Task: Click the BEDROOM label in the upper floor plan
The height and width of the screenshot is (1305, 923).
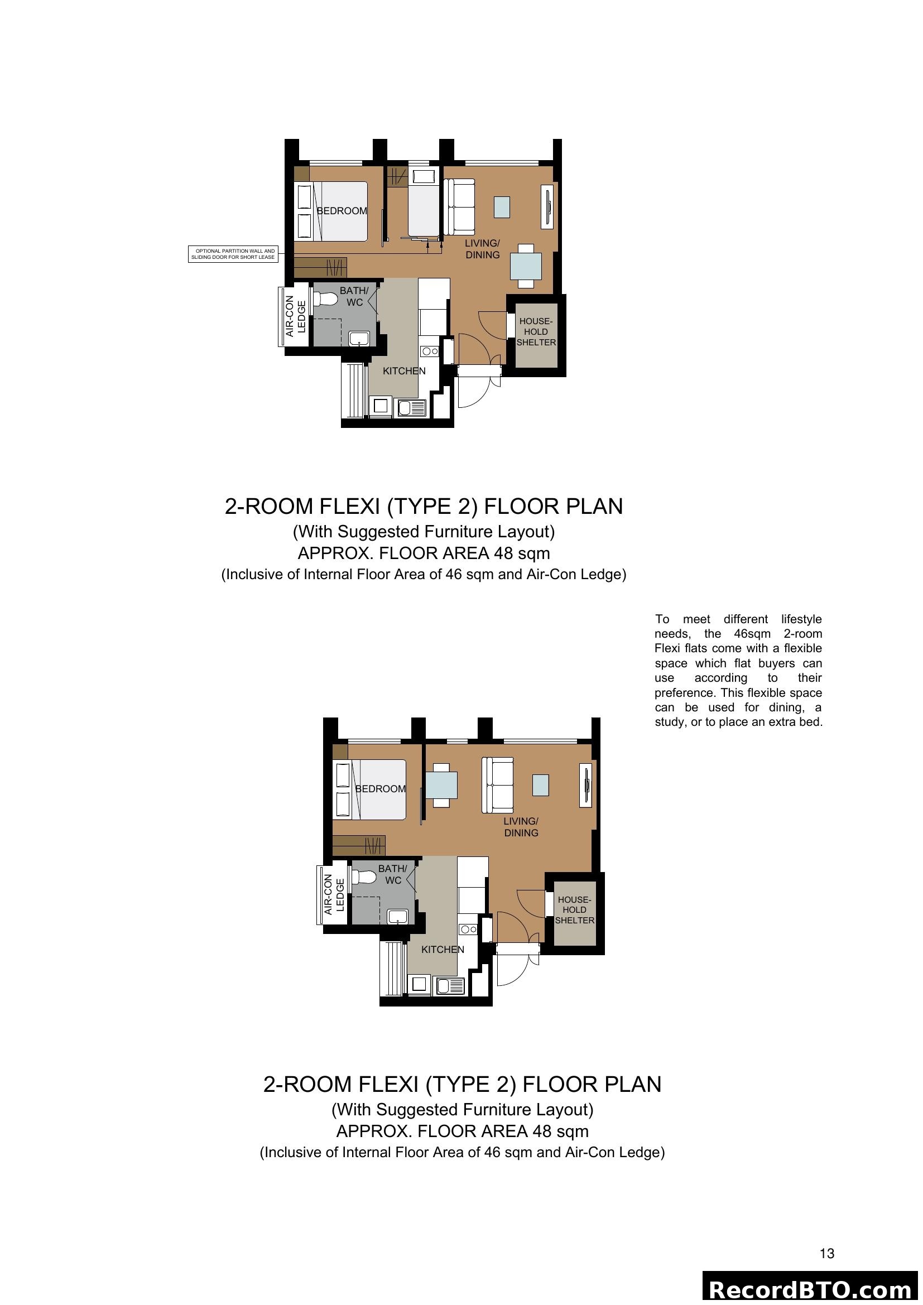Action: click(x=342, y=211)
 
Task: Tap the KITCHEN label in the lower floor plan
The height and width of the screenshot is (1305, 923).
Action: click(x=442, y=949)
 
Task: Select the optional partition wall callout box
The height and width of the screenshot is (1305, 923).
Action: click(x=233, y=254)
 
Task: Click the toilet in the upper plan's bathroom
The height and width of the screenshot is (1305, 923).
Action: click(x=326, y=298)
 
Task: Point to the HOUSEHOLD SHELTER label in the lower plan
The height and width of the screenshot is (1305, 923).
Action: click(x=575, y=909)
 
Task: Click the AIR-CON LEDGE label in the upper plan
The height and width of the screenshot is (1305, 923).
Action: click(x=295, y=316)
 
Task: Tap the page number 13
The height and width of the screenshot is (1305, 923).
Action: click(x=827, y=1253)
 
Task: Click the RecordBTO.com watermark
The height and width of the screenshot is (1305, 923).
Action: click(x=810, y=1289)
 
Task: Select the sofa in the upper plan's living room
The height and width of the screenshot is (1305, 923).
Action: click(x=459, y=208)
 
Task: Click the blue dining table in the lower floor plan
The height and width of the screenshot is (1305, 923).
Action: click(x=441, y=786)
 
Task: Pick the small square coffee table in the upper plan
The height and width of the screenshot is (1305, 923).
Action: click(x=502, y=207)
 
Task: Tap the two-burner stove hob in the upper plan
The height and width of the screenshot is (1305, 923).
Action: click(x=430, y=351)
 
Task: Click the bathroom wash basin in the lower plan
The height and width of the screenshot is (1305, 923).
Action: click(x=397, y=916)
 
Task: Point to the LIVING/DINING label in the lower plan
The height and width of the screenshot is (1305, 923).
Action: click(x=521, y=827)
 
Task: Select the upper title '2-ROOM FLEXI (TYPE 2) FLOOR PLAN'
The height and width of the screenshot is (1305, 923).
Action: click(x=424, y=506)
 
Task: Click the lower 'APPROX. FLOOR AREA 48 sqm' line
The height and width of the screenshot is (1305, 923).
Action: click(x=461, y=1131)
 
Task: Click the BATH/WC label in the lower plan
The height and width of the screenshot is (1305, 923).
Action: click(x=392, y=874)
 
